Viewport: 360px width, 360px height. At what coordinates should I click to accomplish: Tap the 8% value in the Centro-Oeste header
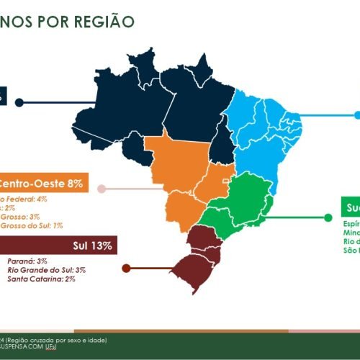click(76, 184)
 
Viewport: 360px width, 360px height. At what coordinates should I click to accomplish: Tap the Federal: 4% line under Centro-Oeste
click(24, 198)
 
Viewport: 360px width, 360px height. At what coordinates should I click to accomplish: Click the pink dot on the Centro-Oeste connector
click(102, 189)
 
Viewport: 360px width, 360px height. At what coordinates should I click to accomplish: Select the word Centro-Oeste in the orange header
click(33, 184)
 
